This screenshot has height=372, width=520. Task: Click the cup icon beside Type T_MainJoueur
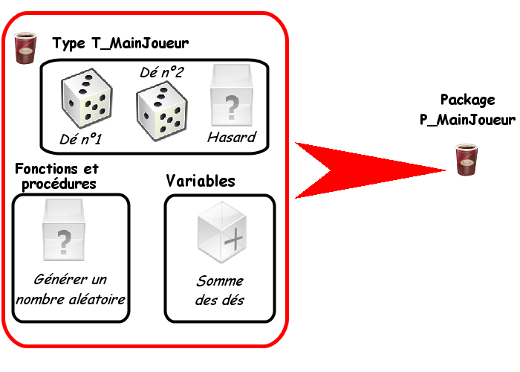click(x=27, y=46)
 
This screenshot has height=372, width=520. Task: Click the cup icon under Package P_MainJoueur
click(x=465, y=160)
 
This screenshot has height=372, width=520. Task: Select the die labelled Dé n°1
click(x=88, y=101)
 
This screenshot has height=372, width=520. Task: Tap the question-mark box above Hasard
click(x=231, y=97)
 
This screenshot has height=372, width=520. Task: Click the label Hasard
click(x=231, y=138)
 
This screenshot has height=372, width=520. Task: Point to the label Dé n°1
click(x=81, y=138)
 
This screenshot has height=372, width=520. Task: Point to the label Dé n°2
click(x=161, y=72)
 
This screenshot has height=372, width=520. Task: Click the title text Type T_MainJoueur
click(x=120, y=44)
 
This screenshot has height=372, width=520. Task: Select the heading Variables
click(x=201, y=181)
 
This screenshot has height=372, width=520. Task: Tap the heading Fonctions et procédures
click(x=56, y=176)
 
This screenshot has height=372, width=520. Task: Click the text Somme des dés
click(x=220, y=291)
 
